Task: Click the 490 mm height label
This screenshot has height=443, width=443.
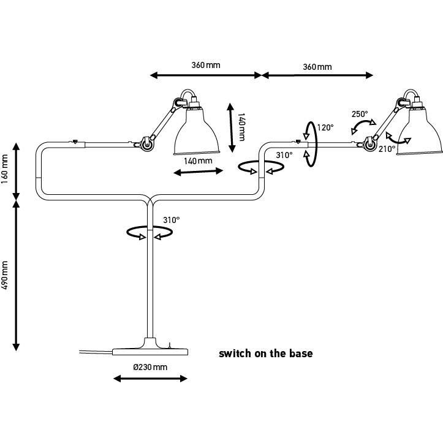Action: click(x=5, y=275)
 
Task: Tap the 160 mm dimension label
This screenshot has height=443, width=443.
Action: click(x=5, y=169)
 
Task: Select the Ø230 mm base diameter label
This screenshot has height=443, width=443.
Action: click(x=150, y=367)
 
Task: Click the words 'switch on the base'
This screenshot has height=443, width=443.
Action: click(x=265, y=354)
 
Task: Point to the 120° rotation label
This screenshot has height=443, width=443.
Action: click(x=325, y=127)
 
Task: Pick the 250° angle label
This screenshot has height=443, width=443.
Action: click(x=360, y=114)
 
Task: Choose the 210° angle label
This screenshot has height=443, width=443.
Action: click(x=387, y=149)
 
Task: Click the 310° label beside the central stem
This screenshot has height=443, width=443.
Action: click(x=172, y=220)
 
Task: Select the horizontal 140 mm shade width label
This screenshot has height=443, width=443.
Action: click(x=198, y=161)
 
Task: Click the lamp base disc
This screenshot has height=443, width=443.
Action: click(x=150, y=352)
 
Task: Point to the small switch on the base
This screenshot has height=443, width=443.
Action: click(x=169, y=345)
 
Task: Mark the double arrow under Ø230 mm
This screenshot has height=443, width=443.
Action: click(x=150, y=379)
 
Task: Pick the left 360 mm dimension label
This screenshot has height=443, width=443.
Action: click(x=206, y=65)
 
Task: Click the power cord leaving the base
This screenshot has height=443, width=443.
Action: click(x=96, y=352)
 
